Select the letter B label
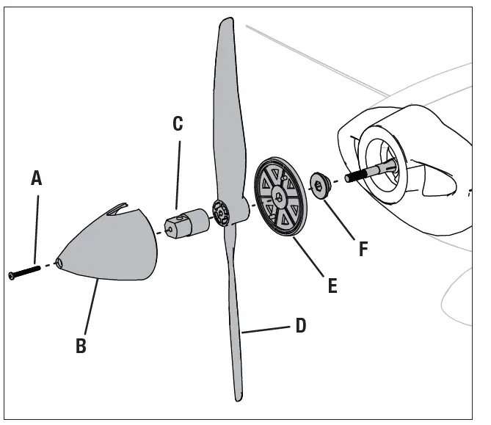click(81, 346)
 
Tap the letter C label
click(178, 123)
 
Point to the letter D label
click(300, 325)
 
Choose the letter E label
click(332, 285)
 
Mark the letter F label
click(363, 248)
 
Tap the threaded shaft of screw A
click(28, 271)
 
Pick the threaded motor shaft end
click(356, 175)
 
